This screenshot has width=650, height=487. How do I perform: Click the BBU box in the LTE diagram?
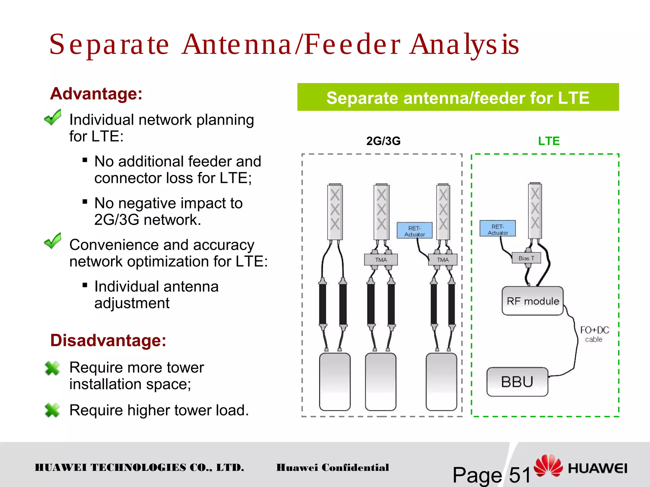(x=517, y=382)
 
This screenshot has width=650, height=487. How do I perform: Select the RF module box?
(x=533, y=301)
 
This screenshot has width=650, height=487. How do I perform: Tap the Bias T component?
(x=526, y=258)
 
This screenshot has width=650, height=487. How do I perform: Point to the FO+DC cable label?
(x=594, y=334)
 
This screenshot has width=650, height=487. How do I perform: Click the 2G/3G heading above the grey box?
(x=383, y=141)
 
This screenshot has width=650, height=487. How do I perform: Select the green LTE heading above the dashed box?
(x=548, y=141)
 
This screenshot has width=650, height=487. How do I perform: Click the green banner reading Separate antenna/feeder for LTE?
(x=458, y=97)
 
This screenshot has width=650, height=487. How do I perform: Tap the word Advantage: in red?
(x=96, y=94)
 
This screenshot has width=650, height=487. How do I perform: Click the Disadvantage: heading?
(x=108, y=340)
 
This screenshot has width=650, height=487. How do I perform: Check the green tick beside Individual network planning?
(x=53, y=117)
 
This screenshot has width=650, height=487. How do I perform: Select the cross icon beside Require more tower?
(x=52, y=368)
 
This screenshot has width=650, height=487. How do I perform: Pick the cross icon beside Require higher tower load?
(x=52, y=410)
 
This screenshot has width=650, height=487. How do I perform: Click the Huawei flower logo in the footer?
(x=548, y=466)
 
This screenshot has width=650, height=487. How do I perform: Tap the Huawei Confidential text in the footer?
(x=332, y=467)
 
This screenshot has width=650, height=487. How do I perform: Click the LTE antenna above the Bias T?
(x=535, y=211)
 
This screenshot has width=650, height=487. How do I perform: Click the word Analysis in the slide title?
(x=464, y=44)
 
